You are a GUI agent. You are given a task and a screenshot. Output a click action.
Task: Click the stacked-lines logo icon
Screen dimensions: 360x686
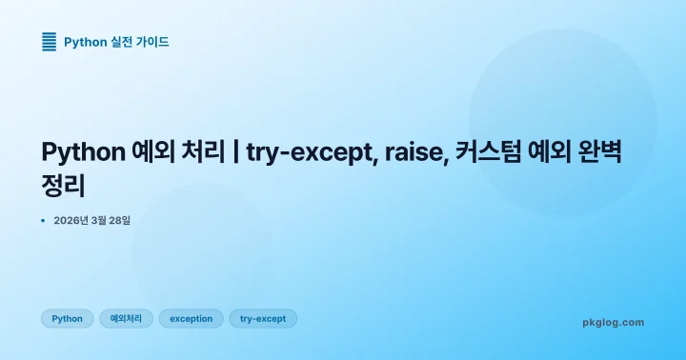tap(50, 41)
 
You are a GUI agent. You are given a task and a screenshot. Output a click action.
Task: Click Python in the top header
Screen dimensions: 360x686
tap(85, 42)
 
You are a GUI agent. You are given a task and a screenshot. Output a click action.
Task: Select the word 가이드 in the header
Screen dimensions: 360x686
tap(153, 42)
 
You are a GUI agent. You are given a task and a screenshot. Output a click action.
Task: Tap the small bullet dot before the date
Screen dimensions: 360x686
tap(44, 221)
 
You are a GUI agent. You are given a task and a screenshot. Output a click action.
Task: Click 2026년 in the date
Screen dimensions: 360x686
tap(72, 221)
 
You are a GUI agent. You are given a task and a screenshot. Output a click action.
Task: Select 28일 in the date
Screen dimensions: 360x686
tap(119, 221)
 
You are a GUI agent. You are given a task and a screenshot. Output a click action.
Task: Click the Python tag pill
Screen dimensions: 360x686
tap(67, 319)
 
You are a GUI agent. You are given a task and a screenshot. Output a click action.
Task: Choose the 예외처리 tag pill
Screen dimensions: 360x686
tap(126, 319)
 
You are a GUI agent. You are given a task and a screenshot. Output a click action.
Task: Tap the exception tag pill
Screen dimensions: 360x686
tap(191, 319)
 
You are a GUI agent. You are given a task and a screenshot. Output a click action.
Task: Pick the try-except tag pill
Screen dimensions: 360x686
tap(263, 319)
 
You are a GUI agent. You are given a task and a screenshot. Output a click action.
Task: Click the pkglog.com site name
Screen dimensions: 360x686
tap(613, 323)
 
